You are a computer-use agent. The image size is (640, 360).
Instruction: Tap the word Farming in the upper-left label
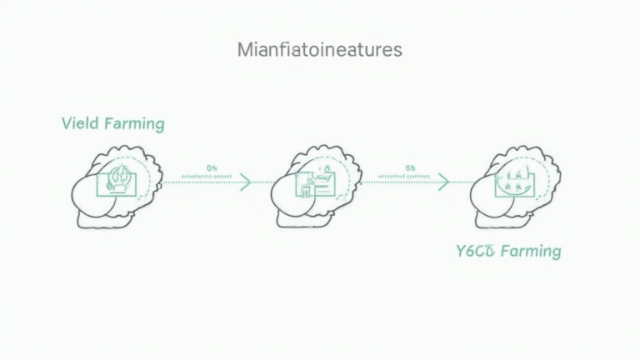point(135,124)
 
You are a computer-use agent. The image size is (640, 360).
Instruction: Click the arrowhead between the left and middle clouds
point(244,181)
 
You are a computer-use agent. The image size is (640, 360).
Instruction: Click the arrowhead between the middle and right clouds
point(443,181)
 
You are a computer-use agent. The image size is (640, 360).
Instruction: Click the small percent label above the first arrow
point(210,166)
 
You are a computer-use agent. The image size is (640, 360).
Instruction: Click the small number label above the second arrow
point(409,166)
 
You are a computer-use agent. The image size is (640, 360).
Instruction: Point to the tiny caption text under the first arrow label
point(209,176)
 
